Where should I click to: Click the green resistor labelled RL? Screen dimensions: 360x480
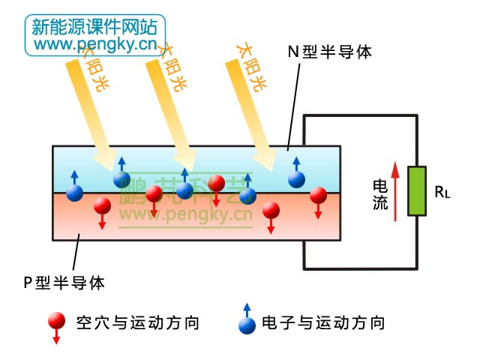(x=415, y=191)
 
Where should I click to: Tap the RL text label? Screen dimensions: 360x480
(x=442, y=192)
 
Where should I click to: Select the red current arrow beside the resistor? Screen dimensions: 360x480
(x=394, y=191)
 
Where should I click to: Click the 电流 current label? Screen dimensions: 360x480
(x=380, y=193)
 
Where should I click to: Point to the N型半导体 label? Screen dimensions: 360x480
(x=330, y=52)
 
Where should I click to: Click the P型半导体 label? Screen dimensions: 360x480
(x=64, y=283)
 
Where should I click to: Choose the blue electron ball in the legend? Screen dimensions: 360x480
(x=246, y=325)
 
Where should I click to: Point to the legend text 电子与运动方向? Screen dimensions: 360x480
(x=323, y=323)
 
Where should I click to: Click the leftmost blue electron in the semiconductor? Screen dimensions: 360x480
(x=74, y=192)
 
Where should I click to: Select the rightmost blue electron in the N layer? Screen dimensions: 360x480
(x=297, y=178)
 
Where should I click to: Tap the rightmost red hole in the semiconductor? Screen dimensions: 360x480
(x=319, y=195)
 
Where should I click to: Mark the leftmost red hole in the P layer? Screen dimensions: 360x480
(x=101, y=205)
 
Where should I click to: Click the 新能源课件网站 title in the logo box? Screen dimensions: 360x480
(x=94, y=27)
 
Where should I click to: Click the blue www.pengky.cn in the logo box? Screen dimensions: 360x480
(x=94, y=45)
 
